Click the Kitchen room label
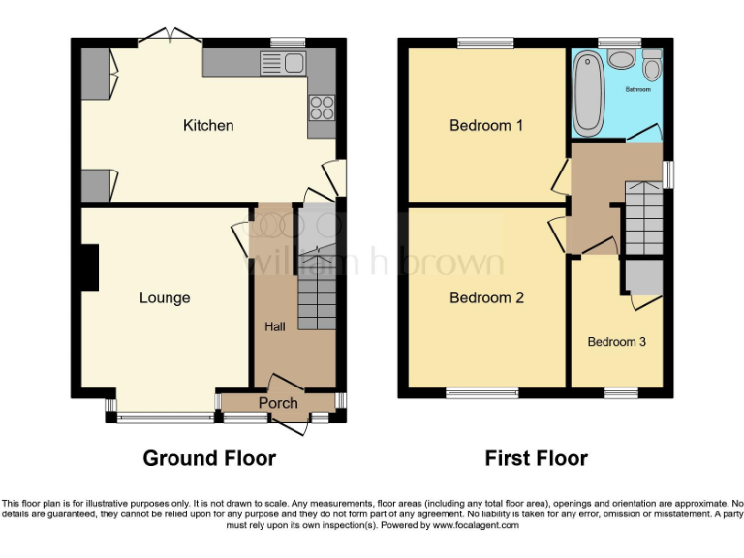(x=208, y=125)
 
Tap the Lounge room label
(x=164, y=297)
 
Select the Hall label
(x=275, y=327)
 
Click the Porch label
(x=278, y=403)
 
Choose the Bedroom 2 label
(x=486, y=297)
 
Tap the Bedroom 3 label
(x=616, y=342)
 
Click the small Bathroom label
(x=637, y=89)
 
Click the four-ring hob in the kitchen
(x=321, y=107)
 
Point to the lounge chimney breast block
(x=90, y=268)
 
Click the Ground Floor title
(x=209, y=458)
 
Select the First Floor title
(x=536, y=458)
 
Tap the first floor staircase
(x=640, y=218)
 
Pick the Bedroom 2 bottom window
(x=482, y=393)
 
